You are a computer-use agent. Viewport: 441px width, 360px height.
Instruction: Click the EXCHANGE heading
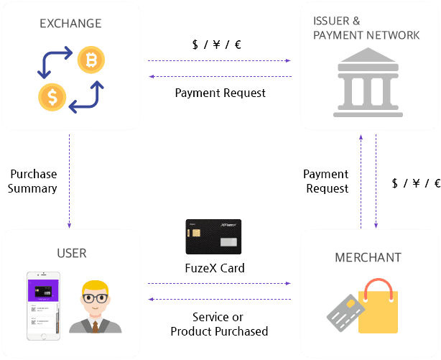(x=70, y=24)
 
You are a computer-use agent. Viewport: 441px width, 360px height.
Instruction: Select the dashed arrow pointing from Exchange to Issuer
(x=219, y=61)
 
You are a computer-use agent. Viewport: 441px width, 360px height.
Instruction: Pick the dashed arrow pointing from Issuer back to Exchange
(x=219, y=76)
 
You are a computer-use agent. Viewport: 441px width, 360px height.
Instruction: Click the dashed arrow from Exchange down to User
(x=70, y=180)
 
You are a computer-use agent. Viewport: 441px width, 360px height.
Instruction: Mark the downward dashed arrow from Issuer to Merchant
(x=375, y=180)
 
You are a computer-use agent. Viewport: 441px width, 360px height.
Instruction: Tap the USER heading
(x=71, y=253)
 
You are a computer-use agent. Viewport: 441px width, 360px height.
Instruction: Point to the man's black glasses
(x=96, y=296)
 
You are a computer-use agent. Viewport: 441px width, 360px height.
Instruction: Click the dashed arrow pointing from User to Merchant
(x=219, y=284)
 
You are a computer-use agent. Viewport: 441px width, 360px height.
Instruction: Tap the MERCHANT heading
(x=368, y=257)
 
